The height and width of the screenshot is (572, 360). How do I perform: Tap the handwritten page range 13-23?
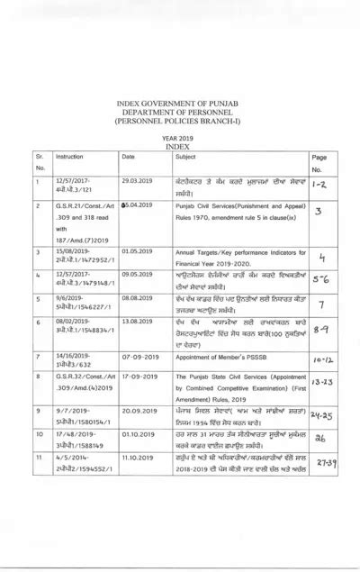coord(319,382)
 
